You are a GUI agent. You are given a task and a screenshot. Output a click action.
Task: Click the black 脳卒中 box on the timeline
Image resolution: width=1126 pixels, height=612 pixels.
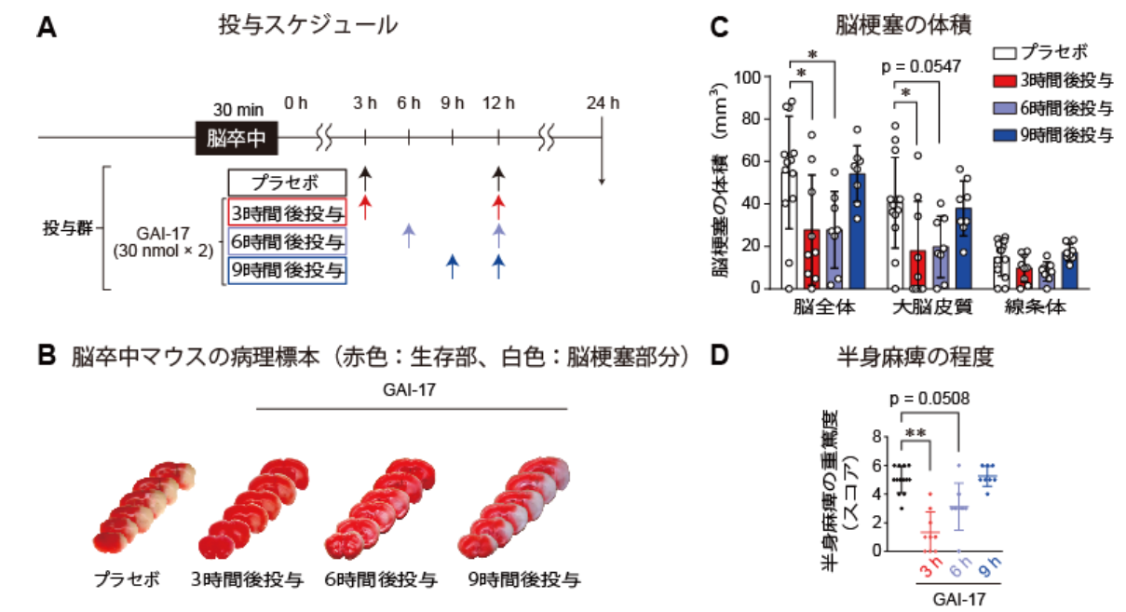coord(237,138)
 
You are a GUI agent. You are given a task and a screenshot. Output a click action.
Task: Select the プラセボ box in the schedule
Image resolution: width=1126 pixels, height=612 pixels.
coord(287,182)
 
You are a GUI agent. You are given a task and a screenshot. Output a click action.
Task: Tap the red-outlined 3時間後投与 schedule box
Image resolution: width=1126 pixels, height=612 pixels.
coord(287,210)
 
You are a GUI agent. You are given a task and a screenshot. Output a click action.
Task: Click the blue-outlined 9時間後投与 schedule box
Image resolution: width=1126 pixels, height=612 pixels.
coord(287,270)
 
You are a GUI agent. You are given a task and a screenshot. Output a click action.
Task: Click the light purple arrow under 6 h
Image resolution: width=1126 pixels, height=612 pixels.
coord(409,235)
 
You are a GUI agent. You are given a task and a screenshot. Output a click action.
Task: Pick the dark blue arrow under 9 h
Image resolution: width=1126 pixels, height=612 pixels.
coord(453,266)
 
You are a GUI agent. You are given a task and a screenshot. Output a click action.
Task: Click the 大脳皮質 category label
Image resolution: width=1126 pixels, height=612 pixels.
coord(918,306)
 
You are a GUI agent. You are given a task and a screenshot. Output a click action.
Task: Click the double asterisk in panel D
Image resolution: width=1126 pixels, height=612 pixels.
coord(916,433)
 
